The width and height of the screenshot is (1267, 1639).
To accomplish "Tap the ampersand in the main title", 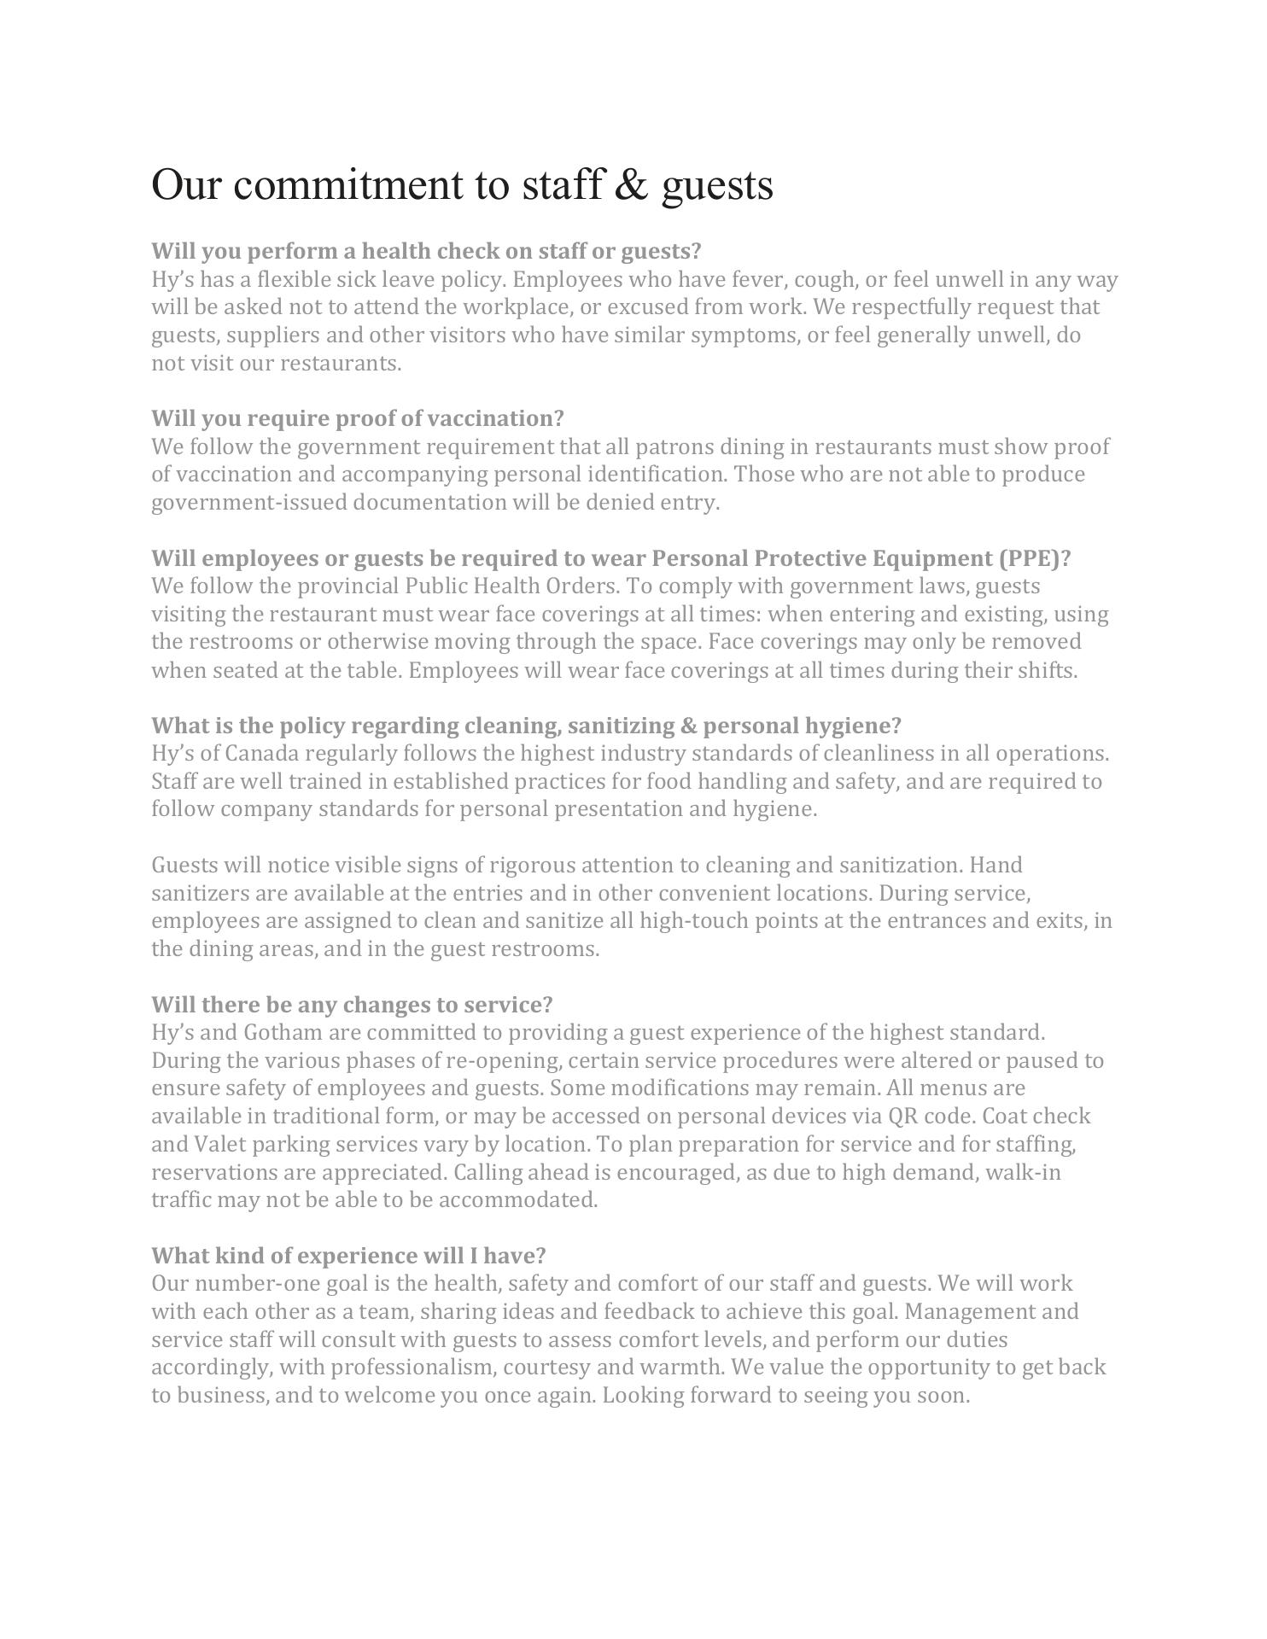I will pos(631,184).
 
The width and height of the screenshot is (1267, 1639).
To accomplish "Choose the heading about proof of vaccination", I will pos(358,418).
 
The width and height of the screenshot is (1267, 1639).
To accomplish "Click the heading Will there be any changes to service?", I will pos(352,1004).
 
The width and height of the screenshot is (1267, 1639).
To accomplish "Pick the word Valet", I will pos(220,1144).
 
